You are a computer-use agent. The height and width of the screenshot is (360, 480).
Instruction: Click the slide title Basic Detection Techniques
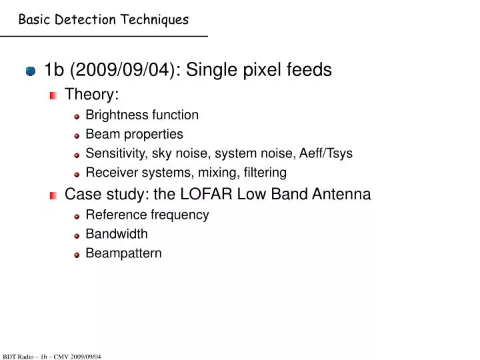click(103, 19)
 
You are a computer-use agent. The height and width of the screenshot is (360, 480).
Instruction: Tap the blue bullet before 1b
click(31, 71)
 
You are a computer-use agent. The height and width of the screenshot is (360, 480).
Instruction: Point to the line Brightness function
click(142, 115)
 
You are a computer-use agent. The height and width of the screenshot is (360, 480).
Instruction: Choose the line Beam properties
click(134, 134)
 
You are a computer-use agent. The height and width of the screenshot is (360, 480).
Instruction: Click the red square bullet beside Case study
click(53, 195)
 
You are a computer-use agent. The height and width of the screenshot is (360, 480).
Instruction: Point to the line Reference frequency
click(147, 215)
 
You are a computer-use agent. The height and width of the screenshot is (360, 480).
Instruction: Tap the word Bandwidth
click(117, 234)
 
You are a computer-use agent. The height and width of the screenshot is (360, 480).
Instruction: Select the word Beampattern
click(123, 253)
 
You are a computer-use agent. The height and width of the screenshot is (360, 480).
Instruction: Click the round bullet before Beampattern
click(77, 255)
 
